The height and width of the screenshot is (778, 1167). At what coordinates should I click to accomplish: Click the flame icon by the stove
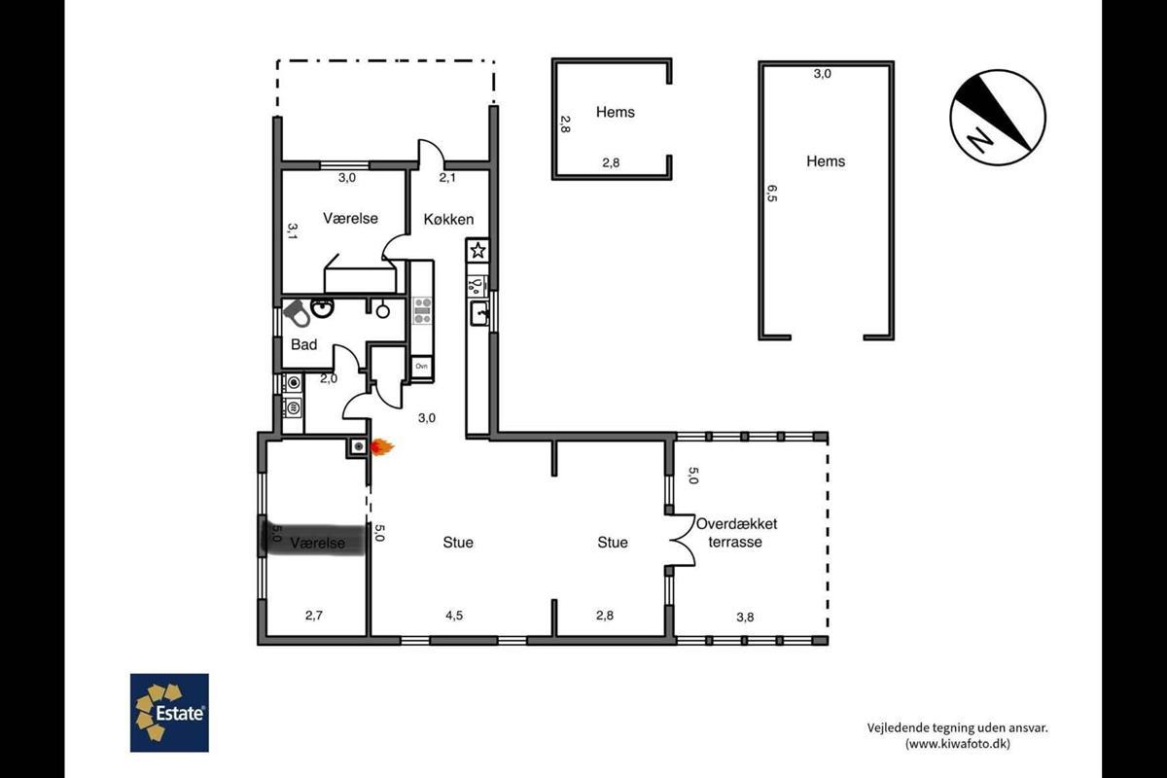click(382, 447)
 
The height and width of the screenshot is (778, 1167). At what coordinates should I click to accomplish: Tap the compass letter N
click(979, 140)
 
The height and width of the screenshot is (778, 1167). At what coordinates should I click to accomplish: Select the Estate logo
click(169, 712)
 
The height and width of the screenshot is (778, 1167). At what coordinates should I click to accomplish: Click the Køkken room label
click(448, 220)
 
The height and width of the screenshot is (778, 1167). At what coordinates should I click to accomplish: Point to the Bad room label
click(303, 344)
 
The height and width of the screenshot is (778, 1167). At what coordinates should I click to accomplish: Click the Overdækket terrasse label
click(736, 533)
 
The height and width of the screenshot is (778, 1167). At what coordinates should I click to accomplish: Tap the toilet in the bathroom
click(297, 313)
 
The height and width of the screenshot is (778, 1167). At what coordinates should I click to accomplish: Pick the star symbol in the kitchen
click(477, 251)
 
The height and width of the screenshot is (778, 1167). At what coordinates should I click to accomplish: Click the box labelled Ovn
click(421, 367)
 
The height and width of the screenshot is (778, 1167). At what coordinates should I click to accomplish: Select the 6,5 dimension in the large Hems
click(772, 194)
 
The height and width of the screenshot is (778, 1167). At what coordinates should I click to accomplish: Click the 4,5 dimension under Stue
click(454, 616)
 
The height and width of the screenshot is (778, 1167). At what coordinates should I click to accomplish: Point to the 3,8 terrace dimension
click(745, 618)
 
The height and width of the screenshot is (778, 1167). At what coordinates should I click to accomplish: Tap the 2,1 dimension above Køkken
click(447, 178)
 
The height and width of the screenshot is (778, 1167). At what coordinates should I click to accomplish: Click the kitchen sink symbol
click(479, 313)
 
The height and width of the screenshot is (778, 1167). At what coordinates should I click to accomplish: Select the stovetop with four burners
click(422, 310)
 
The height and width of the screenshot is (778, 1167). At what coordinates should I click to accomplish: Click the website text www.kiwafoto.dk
click(958, 744)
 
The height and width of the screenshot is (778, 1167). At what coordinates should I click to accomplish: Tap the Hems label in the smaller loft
click(616, 112)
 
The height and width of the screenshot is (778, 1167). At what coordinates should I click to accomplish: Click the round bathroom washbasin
click(323, 307)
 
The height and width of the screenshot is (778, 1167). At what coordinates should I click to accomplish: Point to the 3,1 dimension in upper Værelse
click(293, 230)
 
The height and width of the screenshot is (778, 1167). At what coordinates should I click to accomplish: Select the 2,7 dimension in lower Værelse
click(313, 616)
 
